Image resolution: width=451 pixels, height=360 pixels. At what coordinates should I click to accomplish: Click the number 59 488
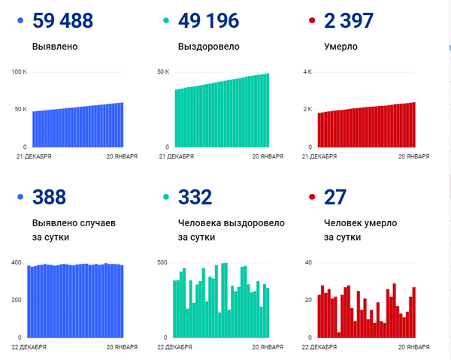click(63, 21)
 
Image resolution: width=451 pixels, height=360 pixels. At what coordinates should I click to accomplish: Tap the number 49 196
click(208, 21)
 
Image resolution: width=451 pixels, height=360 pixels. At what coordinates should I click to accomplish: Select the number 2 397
click(348, 21)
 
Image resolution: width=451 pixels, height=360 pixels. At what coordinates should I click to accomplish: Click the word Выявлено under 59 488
click(55, 47)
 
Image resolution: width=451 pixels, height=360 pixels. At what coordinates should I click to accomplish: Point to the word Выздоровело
click(209, 47)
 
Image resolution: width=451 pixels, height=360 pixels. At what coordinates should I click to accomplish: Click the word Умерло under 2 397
click(341, 47)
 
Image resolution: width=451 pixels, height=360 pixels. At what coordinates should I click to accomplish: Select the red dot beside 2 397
click(310, 21)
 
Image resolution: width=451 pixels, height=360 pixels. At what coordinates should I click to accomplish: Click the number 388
click(49, 198)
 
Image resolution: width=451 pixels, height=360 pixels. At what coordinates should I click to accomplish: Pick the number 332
click(195, 198)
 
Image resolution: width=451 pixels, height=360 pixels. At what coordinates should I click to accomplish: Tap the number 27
click(334, 198)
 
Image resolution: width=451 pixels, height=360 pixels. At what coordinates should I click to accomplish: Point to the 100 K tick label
click(19, 72)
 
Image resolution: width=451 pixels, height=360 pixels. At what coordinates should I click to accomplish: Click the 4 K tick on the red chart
click(307, 72)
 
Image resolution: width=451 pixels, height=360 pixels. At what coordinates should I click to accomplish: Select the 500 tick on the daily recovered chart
click(162, 262)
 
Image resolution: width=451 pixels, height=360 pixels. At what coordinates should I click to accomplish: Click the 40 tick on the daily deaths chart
click(307, 262)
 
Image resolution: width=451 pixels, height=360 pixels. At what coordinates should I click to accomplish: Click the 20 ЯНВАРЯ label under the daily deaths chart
click(413, 347)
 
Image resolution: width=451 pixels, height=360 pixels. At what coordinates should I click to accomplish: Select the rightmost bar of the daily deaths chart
click(413, 312)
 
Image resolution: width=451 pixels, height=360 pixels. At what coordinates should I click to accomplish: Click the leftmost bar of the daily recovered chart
click(174, 309)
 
